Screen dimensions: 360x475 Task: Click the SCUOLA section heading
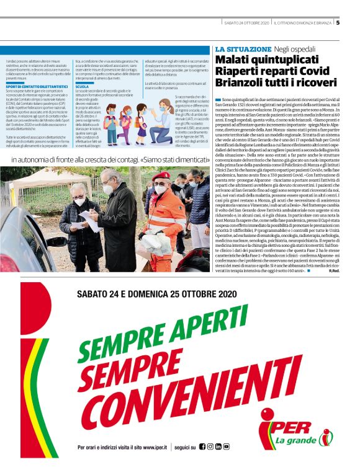(82, 87)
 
